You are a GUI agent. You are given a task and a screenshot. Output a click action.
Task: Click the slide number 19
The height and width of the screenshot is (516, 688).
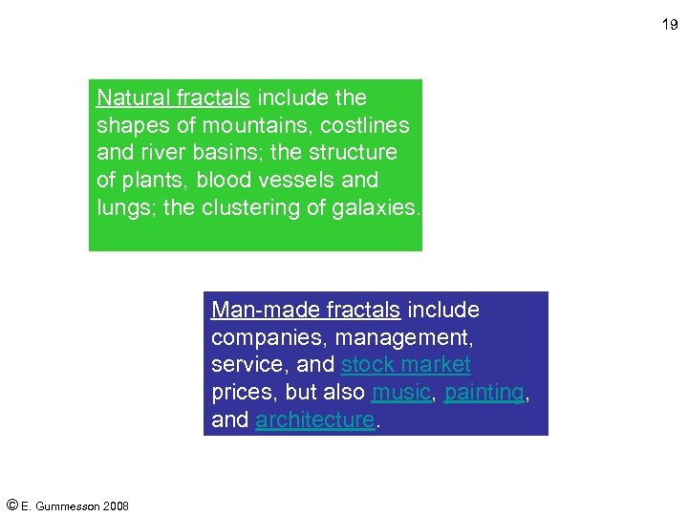tap(670, 25)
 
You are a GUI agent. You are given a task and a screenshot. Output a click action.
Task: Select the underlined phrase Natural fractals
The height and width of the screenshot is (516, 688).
tap(173, 97)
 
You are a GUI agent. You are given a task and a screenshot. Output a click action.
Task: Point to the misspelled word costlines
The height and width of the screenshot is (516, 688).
tap(365, 125)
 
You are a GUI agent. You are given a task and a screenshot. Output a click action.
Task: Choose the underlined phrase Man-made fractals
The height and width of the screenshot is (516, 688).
tap(306, 310)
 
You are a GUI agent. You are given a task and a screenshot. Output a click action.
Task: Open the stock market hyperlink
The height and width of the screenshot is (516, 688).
tap(406, 365)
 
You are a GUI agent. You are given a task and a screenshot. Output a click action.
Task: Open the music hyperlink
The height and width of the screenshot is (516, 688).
tap(401, 393)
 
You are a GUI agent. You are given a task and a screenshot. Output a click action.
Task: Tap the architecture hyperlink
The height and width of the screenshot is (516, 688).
tap(315, 420)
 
